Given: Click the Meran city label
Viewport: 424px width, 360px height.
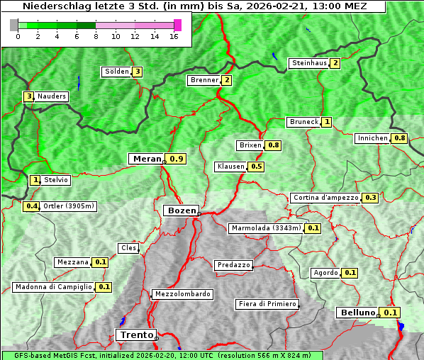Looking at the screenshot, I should (x=147, y=159).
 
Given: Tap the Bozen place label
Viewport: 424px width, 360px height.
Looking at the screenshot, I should (x=180, y=210).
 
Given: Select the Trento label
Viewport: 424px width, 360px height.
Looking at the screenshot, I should (x=135, y=335).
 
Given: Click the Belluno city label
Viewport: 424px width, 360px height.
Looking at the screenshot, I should (x=357, y=313).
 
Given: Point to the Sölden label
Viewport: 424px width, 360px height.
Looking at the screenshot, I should (x=117, y=72).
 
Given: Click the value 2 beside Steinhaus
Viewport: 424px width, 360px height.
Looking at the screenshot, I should (x=335, y=63).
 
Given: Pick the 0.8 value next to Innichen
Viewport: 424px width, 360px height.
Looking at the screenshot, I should (x=400, y=138).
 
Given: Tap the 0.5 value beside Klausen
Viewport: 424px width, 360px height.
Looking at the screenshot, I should (x=257, y=167).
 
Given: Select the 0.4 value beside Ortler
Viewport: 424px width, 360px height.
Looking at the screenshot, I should (x=31, y=206).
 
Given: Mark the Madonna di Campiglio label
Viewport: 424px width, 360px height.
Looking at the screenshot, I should (x=53, y=287).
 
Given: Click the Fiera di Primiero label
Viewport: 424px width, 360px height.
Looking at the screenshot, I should (x=267, y=304).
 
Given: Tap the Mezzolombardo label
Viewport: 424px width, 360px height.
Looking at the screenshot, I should (x=182, y=294).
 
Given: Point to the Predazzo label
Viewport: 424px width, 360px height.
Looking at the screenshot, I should (x=233, y=265).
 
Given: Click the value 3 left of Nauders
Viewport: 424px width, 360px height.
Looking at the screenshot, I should (x=28, y=96).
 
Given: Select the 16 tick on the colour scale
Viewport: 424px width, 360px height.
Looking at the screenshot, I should (x=174, y=36).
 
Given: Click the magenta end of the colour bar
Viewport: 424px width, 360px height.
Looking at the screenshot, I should (x=177, y=25).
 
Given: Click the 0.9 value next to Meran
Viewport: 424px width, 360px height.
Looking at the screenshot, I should (x=177, y=159).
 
